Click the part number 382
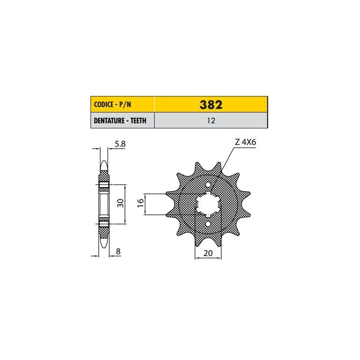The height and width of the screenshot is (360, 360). point(211,105)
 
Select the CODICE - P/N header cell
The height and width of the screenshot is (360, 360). point(122,104)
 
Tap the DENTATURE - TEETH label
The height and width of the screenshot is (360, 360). point(120,121)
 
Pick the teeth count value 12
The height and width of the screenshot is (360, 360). point(211,121)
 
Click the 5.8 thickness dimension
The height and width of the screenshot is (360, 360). point(120,144)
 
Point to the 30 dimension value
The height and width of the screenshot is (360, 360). point(120,203)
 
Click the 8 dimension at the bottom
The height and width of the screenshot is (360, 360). point(118,252)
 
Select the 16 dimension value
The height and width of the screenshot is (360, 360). point(140,203)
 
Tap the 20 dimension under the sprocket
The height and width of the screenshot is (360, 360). point(208,253)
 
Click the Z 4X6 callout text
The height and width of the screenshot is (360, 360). point(245,142)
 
